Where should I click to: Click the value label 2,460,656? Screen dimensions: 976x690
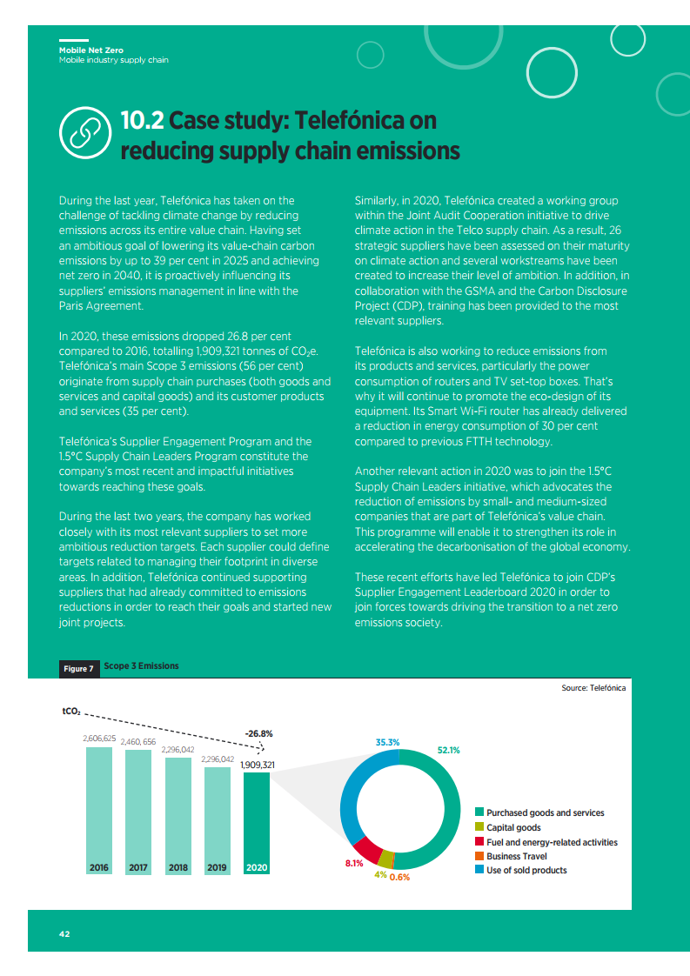[x=137, y=741]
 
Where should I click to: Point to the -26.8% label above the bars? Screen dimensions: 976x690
[x=259, y=732]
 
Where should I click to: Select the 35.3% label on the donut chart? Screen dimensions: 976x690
[x=387, y=742]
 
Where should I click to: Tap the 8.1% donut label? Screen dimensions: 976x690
[x=353, y=863]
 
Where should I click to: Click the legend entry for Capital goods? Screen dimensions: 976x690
[x=513, y=827]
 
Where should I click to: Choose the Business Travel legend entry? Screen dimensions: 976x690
[x=516, y=856]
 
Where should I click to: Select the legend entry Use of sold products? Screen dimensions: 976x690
[x=526, y=870]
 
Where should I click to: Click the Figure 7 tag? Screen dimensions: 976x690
[x=78, y=668]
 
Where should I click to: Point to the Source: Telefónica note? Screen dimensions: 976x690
[x=593, y=687]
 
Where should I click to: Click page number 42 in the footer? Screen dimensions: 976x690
[x=64, y=934]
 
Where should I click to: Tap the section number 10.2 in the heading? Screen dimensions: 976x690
[x=142, y=120]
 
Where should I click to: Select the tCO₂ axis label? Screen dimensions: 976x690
[x=71, y=712]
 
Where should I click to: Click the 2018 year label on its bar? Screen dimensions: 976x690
[x=178, y=867]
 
